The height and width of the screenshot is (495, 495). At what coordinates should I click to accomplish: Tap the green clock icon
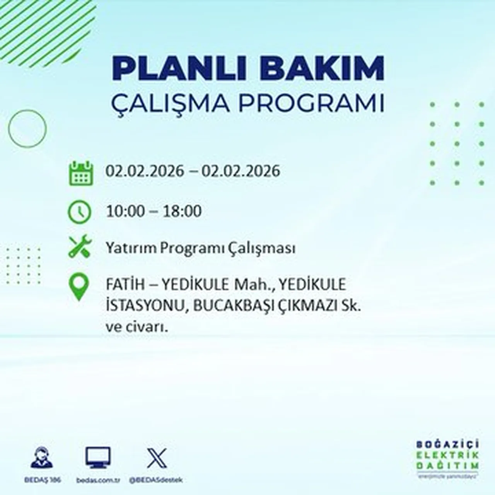tap(79, 212)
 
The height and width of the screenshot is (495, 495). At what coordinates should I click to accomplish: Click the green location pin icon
tap(79, 287)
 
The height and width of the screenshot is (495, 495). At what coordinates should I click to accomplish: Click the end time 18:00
tap(183, 211)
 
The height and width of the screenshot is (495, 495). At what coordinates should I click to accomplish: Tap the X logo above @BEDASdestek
tap(157, 458)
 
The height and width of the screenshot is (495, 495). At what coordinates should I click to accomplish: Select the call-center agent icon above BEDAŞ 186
tap(41, 457)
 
